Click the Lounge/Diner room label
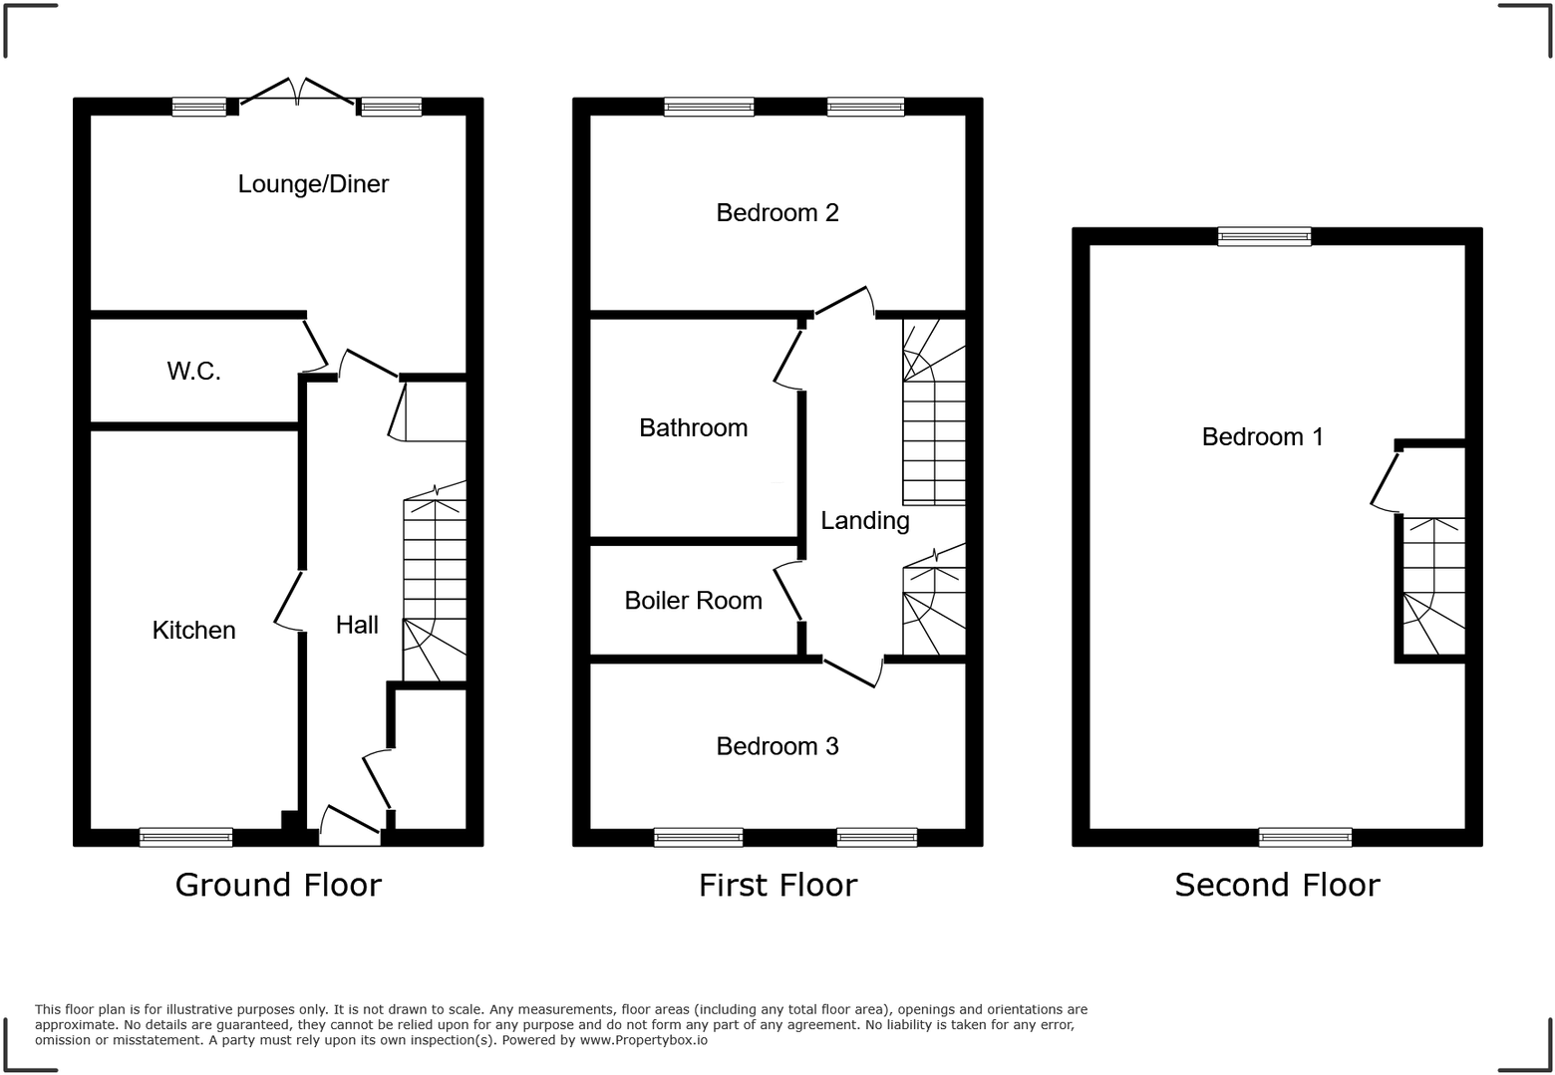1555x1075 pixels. (313, 184)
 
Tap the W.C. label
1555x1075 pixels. (193, 372)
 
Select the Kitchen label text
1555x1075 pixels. (193, 630)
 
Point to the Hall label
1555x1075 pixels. (357, 625)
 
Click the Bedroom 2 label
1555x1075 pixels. (777, 212)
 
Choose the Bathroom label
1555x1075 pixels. (693, 428)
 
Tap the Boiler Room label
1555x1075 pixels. (693, 601)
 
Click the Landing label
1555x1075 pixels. (864, 521)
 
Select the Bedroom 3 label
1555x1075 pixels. (777, 746)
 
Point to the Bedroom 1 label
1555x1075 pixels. (1262, 436)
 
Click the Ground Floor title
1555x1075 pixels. (278, 885)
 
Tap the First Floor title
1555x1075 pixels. (777, 885)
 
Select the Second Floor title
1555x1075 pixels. (1277, 885)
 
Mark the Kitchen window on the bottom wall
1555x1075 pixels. (186, 837)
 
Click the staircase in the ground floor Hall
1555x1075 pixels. (435, 588)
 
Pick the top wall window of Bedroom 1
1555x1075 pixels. (1264, 236)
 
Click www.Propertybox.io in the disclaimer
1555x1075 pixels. (644, 1040)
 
